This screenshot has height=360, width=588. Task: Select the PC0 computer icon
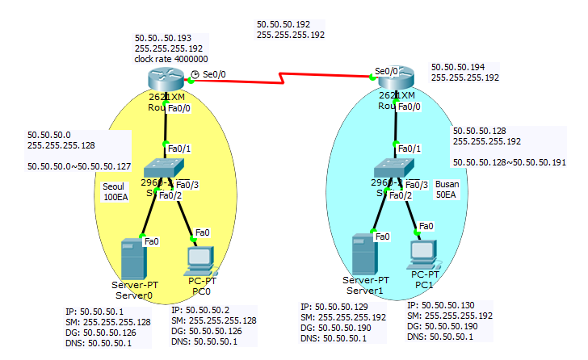pos(199,259)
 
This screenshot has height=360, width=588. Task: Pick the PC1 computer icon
pos(424,254)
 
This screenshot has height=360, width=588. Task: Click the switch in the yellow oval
pos(164,167)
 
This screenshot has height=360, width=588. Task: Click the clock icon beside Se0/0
pos(195,73)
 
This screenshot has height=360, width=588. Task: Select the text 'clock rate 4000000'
pos(170,59)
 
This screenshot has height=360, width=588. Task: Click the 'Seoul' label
pos(114,186)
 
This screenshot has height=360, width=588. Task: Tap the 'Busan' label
pos(447,184)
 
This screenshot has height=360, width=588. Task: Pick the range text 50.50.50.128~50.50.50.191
pos(509,162)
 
